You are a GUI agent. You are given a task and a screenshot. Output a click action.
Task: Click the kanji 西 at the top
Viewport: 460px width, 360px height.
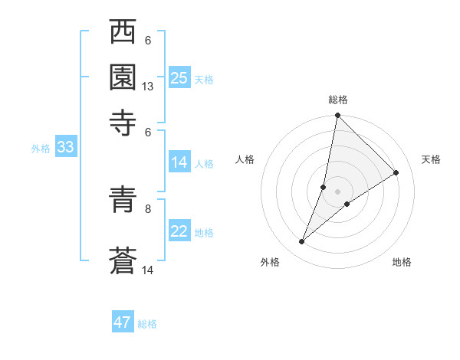123,34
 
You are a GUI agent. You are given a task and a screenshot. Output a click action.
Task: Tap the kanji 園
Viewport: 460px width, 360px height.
123,78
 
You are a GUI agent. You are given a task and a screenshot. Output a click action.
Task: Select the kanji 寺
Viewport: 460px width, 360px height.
123,123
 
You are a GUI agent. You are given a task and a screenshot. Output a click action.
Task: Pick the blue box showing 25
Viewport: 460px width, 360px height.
179,78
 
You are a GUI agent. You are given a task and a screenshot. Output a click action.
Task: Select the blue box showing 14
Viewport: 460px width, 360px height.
179,162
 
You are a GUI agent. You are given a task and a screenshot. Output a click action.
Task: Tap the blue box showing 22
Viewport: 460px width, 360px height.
179,231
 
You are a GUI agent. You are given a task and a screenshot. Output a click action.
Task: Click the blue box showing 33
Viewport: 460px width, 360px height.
64,148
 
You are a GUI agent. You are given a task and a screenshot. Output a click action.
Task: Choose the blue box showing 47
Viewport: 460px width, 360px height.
122,322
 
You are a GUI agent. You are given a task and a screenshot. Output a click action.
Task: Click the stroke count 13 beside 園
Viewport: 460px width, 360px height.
148,87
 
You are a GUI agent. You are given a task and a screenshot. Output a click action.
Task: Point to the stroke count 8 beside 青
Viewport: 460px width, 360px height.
148,208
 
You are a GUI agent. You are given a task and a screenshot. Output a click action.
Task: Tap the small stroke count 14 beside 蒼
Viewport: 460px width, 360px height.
148,270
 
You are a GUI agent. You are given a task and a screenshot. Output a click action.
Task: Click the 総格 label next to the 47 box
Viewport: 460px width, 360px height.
147,324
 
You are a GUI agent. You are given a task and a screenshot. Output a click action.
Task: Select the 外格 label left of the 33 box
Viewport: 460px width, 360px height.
40,149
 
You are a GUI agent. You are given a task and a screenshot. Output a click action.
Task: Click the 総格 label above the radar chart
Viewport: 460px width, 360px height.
337,100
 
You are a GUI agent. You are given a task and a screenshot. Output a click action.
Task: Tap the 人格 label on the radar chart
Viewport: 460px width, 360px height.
245,159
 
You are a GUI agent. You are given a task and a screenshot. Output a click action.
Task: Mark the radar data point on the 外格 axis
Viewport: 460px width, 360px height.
302,242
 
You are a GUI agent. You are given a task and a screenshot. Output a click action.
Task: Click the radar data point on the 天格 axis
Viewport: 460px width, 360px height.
396,173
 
